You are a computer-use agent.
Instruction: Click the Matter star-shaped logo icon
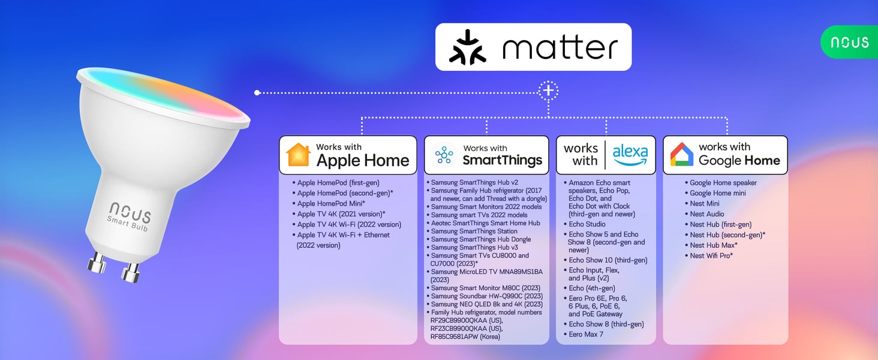pos(468,47)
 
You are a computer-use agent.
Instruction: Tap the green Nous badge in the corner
pos(849,42)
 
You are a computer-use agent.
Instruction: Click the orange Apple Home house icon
pos(298,155)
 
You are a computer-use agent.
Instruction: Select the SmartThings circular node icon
pos(444,155)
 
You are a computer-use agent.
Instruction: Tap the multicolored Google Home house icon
pos(682,155)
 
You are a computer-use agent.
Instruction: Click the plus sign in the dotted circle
pos(548,91)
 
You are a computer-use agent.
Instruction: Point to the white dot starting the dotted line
pos(257,93)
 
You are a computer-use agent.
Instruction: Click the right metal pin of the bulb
pos(131,272)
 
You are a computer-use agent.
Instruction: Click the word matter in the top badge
pos(560,48)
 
